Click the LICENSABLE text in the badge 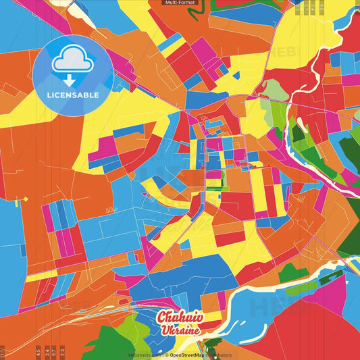tap(72, 95)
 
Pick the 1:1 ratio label tap(3, 352)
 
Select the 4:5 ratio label tap(38, 352)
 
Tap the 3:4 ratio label tap(47, 352)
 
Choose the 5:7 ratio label tap(55, 352)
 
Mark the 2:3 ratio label tap(63, 352)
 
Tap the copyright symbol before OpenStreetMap tap(167, 355)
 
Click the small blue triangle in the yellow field tap(24, 199)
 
